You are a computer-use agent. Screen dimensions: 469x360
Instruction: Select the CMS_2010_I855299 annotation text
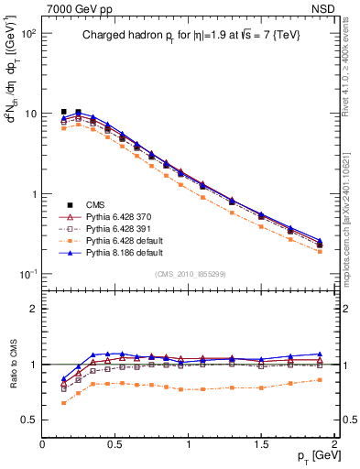point(187,274)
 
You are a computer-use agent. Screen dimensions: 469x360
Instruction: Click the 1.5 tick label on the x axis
point(262,444)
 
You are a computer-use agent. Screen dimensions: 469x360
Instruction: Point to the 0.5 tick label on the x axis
point(115,444)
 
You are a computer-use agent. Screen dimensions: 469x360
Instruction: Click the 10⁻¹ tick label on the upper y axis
point(27,275)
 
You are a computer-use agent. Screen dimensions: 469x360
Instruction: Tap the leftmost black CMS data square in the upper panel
point(63,112)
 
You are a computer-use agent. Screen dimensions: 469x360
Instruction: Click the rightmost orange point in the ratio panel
point(320,379)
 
